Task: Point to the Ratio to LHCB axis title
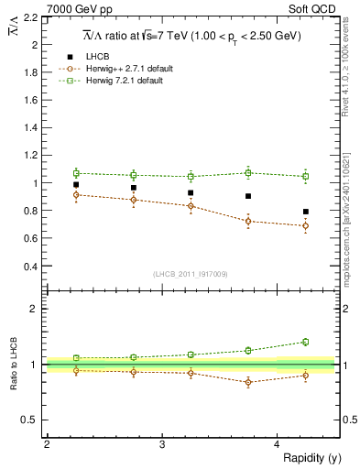12,365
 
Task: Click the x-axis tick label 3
161,445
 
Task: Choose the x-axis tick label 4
277,445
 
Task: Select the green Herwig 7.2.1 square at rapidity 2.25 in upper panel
76,172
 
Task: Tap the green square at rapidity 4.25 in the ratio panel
306,342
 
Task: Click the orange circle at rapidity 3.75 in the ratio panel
248,382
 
